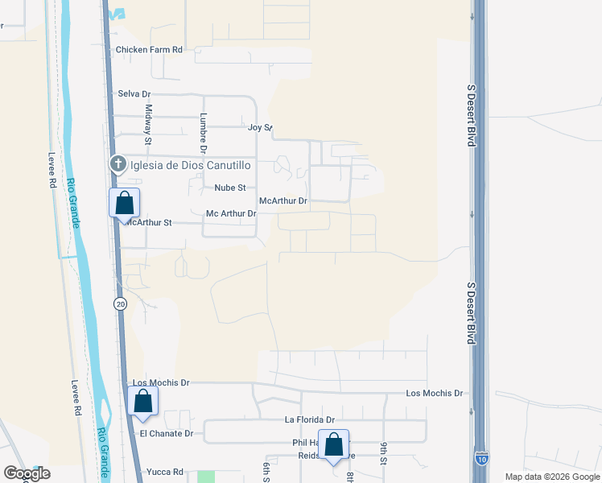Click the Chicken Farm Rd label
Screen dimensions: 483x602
click(x=150, y=49)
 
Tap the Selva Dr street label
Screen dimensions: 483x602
click(x=134, y=94)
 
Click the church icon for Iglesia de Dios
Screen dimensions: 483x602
click(x=118, y=165)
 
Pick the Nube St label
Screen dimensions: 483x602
click(x=229, y=188)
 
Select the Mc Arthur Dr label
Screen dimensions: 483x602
click(x=231, y=213)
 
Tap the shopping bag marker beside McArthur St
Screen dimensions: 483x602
click(x=125, y=202)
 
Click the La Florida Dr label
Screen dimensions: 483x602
click(x=309, y=419)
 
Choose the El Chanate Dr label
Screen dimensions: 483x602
click(x=167, y=433)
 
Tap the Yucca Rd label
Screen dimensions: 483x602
click(x=165, y=472)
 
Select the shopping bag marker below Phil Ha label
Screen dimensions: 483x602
click(x=333, y=444)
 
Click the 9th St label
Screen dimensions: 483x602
click(x=385, y=453)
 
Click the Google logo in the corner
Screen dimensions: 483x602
click(x=27, y=473)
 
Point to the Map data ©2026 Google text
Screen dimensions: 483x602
click(x=552, y=477)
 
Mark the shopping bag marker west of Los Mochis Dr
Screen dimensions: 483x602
click(x=142, y=401)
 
